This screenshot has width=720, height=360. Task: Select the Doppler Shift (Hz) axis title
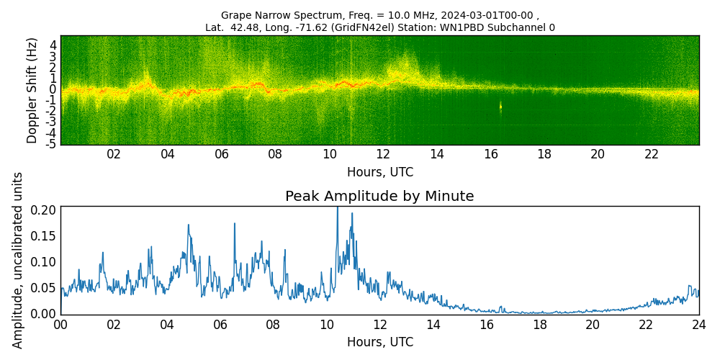32,91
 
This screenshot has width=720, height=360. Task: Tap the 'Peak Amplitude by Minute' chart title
379,197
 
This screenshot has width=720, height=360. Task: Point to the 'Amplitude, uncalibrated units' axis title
18,260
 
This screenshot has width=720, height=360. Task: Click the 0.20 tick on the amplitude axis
44,210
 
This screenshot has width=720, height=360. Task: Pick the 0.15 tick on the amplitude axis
44,236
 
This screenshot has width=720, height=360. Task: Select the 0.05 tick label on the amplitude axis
44,288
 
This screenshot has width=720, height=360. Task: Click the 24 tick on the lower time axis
698,325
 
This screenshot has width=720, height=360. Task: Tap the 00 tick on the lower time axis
60,325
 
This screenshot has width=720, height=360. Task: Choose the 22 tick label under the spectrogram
652,154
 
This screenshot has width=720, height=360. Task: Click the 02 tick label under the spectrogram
114,154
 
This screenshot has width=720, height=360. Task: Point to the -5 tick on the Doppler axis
51,144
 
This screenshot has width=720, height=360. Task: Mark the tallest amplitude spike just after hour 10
337,209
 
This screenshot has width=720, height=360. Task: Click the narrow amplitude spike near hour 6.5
234,224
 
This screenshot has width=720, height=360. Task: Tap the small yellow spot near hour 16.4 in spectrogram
500,107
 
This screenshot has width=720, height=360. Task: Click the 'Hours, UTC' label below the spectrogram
379,173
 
